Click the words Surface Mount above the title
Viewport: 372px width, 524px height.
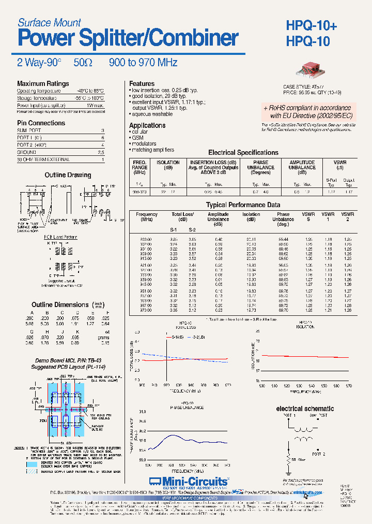(49, 22)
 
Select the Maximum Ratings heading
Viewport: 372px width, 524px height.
(43, 83)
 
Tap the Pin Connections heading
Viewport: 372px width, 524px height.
(41, 123)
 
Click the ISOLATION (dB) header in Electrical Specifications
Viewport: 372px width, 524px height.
(168, 165)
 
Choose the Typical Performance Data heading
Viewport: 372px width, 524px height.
(243, 205)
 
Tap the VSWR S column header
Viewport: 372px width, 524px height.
(309, 216)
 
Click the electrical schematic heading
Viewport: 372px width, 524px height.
(305, 409)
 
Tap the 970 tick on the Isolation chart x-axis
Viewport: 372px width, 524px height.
(349, 386)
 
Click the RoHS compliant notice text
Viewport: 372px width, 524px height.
(307, 111)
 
